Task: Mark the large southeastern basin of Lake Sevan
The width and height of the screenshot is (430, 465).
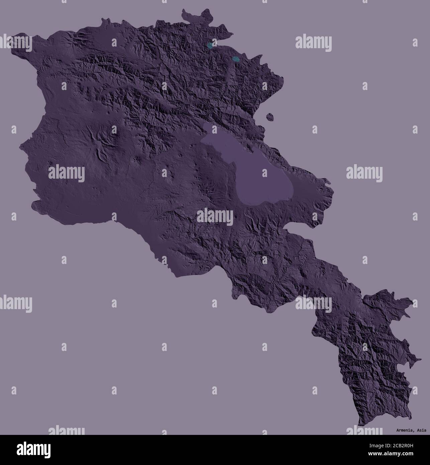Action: (264, 181)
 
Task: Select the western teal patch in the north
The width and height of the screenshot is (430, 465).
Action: (210, 45)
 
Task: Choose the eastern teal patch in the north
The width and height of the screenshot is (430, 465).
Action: (236, 60)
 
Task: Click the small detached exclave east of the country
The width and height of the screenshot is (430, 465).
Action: (270, 117)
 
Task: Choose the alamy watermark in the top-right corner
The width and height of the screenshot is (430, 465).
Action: (314, 43)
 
